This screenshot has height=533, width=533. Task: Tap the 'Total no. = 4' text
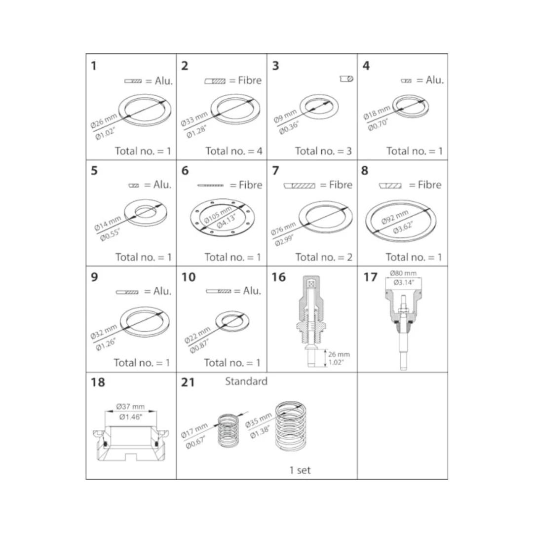click(234, 151)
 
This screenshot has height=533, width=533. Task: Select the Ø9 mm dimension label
click(285, 116)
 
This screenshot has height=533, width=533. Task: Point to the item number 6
click(185, 170)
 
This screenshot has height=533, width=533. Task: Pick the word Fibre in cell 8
click(430, 185)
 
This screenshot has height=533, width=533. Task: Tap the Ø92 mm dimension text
click(394, 217)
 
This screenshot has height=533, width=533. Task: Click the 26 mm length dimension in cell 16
click(339, 354)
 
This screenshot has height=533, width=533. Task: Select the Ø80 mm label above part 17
click(403, 273)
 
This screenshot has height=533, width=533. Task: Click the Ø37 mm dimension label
click(130, 407)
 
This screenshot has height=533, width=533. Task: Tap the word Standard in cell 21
click(246, 381)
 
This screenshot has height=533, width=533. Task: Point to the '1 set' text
click(300, 470)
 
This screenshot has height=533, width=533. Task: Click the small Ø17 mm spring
click(228, 430)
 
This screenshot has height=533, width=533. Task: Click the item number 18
click(98, 382)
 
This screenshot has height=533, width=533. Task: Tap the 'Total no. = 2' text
click(324, 257)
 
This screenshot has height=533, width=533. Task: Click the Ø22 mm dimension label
click(197, 335)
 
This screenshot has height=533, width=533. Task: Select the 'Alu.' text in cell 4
click(435, 80)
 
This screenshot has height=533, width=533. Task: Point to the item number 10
click(189, 277)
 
